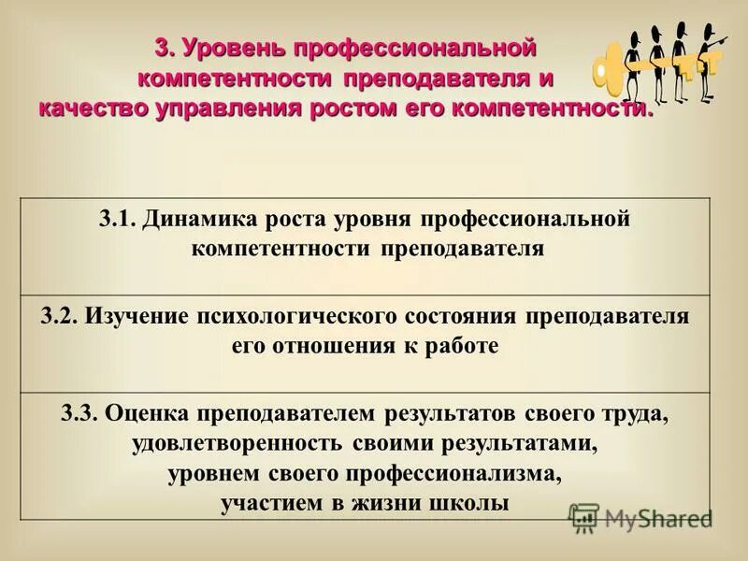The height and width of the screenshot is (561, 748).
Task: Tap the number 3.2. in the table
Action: [x=60, y=315]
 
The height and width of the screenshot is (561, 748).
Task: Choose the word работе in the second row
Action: [x=462, y=345]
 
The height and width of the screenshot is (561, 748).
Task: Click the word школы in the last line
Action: [x=473, y=503]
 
